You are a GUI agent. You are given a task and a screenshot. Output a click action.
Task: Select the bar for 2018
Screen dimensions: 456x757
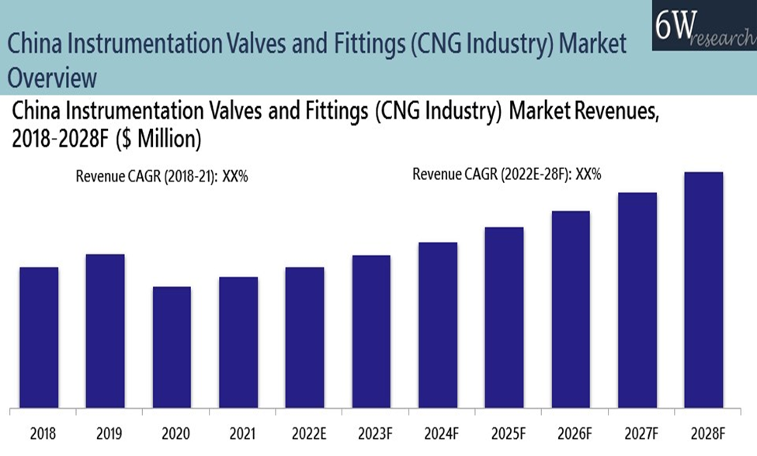click(39, 337)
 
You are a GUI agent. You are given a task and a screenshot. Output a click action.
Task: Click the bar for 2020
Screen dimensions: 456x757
click(172, 347)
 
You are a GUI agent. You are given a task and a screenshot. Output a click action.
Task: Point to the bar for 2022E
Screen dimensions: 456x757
click(304, 337)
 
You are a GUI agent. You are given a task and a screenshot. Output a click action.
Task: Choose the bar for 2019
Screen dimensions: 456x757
click(105, 330)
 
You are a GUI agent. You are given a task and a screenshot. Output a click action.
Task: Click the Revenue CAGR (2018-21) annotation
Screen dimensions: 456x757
click(161, 176)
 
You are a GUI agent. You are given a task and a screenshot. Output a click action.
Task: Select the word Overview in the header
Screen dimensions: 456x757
click(53, 78)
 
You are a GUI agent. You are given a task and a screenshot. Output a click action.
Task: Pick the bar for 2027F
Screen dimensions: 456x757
click(637, 299)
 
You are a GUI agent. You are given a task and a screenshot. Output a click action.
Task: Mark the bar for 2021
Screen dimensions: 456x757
click(238, 342)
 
